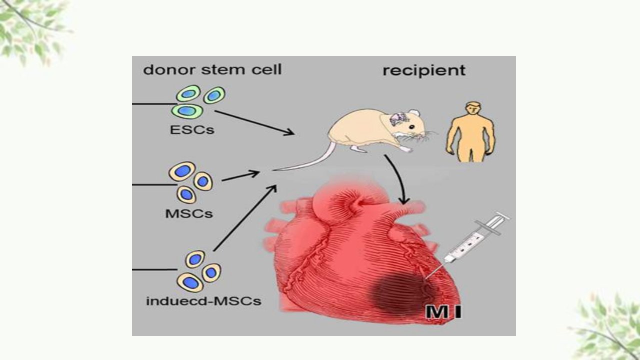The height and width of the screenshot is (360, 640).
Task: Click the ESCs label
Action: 192,130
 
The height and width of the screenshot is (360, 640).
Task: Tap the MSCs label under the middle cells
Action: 189,213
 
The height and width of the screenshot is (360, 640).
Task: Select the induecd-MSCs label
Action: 203,301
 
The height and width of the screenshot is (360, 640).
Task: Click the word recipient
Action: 424,70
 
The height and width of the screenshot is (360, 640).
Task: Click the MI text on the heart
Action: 443,312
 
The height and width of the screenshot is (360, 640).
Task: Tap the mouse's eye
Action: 411,127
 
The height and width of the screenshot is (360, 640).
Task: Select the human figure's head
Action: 473,108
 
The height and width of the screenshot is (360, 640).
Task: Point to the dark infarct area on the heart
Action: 400,294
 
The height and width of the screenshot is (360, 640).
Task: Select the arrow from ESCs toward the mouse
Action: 254,122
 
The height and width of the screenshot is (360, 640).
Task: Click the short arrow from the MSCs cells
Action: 240,176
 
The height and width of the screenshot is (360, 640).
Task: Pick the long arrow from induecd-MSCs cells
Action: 245,218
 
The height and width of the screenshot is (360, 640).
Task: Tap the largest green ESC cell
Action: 187,110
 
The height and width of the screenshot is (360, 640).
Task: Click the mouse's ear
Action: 413,113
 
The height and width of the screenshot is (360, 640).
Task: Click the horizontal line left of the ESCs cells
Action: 154,104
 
